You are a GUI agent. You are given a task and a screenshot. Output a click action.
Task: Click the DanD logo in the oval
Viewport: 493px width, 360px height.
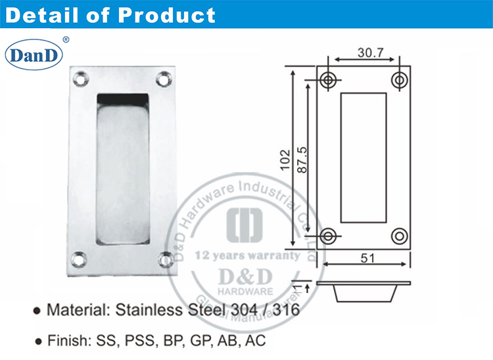pyautogui.click(x=34, y=55)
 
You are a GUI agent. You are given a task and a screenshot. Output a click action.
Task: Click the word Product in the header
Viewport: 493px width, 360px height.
pyautogui.click(x=168, y=14)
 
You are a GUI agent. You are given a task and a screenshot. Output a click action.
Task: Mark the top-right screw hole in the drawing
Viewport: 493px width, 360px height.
pyautogui.click(x=398, y=80)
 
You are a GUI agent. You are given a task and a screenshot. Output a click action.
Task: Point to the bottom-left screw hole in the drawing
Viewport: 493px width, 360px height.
pyautogui.click(x=329, y=235)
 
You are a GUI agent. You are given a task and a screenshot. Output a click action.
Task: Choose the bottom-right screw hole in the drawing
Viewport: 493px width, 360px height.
pyautogui.click(x=398, y=235)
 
